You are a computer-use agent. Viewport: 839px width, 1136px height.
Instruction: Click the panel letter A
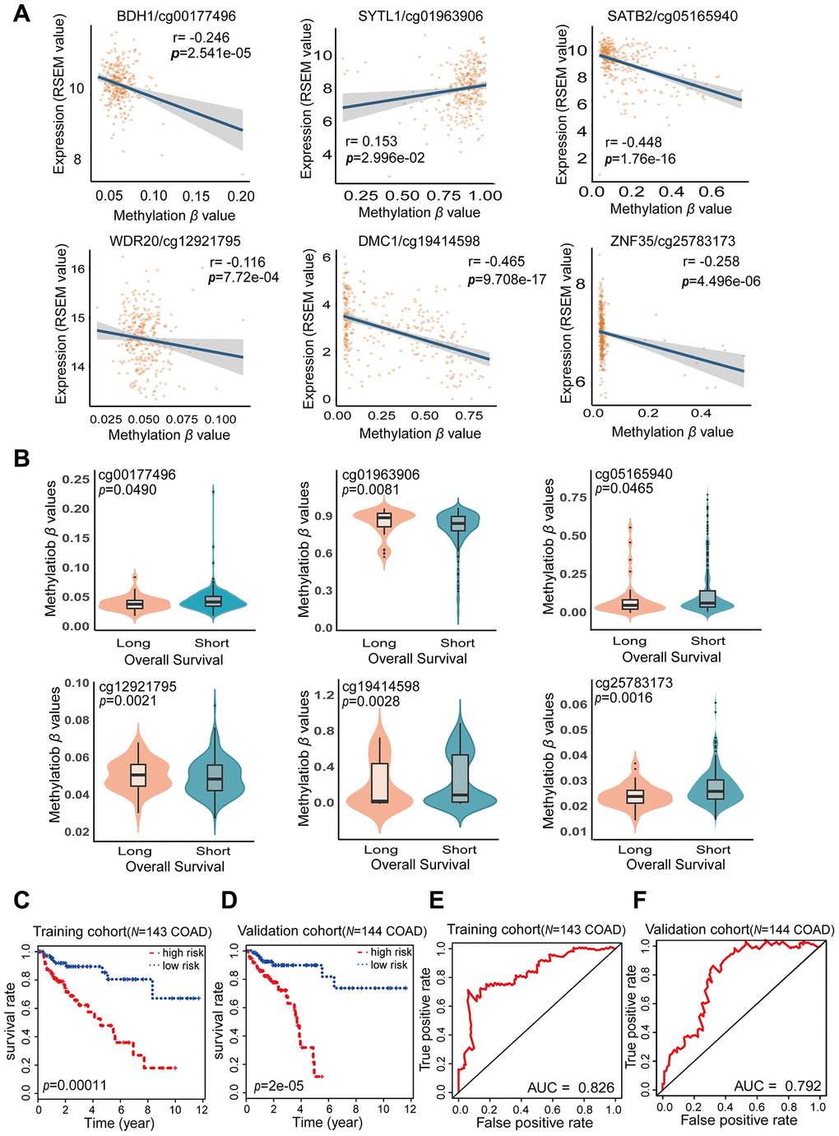(21, 14)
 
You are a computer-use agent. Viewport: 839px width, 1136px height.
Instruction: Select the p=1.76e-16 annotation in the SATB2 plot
(640, 159)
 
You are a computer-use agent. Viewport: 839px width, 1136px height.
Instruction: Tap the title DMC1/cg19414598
(419, 241)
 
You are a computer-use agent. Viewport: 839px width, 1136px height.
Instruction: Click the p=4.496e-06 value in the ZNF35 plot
(721, 281)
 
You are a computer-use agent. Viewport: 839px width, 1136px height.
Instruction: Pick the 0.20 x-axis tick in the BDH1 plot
(241, 196)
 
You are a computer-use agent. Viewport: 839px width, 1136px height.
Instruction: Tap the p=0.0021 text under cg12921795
(127, 701)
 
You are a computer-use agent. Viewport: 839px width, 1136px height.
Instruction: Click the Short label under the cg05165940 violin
(707, 641)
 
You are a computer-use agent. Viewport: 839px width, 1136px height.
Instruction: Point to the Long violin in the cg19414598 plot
(379, 781)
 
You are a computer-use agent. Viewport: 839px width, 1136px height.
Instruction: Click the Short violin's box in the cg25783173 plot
(716, 789)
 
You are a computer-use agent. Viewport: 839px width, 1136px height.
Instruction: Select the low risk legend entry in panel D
(383, 965)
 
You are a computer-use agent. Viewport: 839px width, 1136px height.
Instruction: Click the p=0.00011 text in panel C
(75, 1086)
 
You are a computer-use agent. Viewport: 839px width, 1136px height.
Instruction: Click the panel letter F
(638, 900)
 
